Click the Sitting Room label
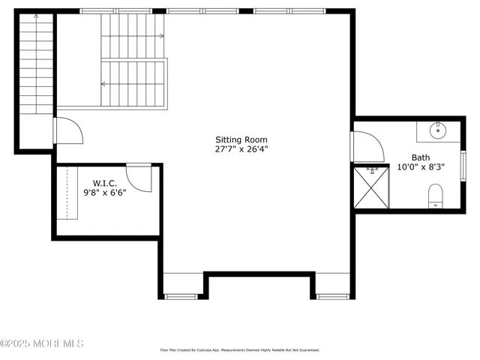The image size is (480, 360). tap(241, 139)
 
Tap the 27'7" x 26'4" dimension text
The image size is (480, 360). tap(241, 149)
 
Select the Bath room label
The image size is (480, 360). tap(420, 157)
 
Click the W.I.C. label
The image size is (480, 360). tap(104, 183)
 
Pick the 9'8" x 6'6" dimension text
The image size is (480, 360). tap(104, 193)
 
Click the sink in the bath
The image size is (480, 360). tap(438, 131)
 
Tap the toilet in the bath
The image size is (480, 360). tap(436, 198)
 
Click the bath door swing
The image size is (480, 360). tap(365, 145)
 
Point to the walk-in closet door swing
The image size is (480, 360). tap(139, 177)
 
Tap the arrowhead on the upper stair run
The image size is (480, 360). tap(162, 36)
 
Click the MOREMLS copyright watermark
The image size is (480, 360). tap(42, 343)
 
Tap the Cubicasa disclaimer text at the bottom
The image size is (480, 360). tap(240, 349)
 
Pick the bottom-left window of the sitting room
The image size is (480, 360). tap(181, 296)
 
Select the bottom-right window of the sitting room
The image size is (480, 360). tap(333, 296)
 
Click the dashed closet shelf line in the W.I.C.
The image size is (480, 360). tap(67, 193)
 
